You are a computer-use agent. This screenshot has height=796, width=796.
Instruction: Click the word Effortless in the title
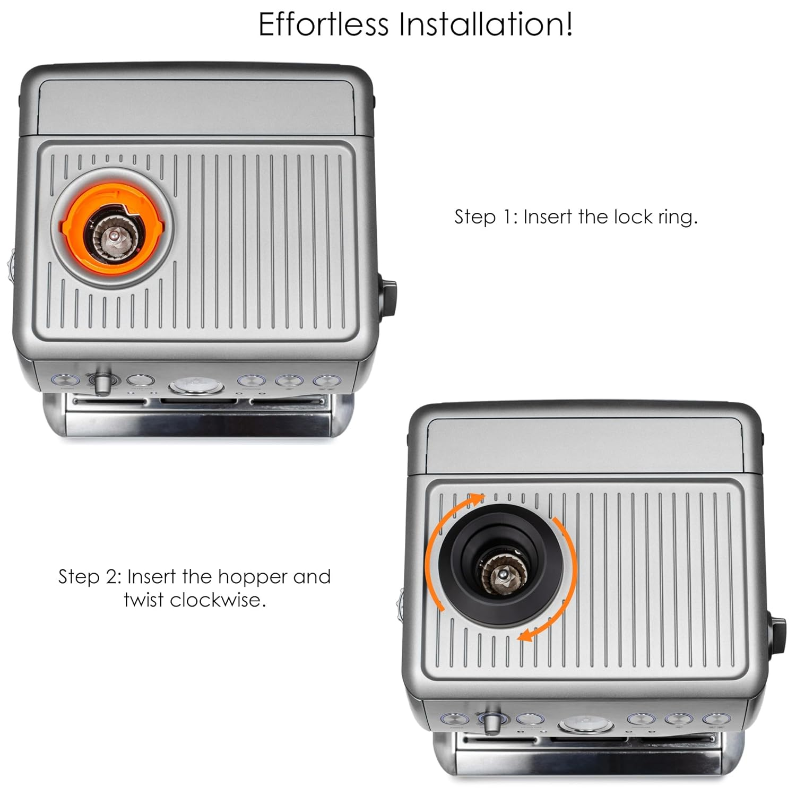pyautogui.click(x=323, y=24)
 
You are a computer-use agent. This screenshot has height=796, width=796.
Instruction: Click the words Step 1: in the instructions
pyautogui.click(x=485, y=217)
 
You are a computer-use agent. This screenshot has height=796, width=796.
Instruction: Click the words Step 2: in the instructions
pyautogui.click(x=90, y=576)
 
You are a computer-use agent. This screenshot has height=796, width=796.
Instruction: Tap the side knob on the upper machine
pyautogui.click(x=388, y=297)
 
